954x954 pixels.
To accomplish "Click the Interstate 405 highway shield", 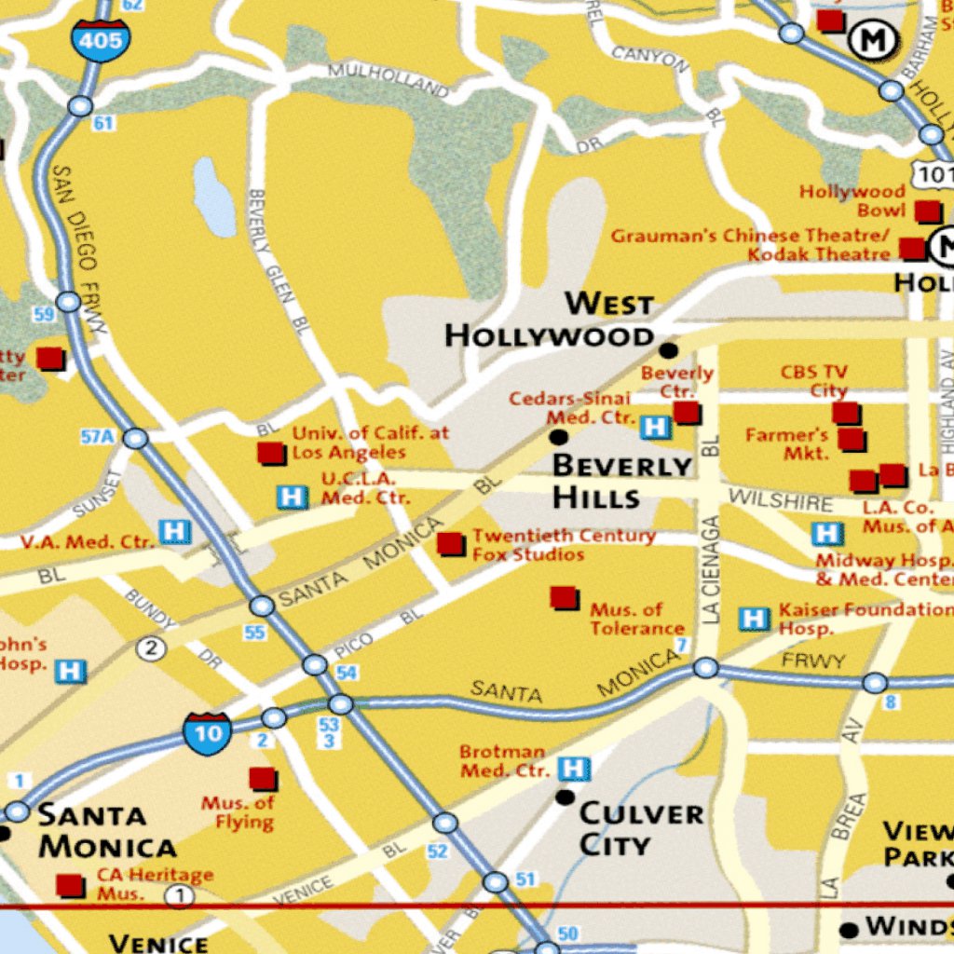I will (101, 39).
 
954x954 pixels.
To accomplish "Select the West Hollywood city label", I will (550, 320).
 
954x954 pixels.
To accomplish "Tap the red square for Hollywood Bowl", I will (926, 211).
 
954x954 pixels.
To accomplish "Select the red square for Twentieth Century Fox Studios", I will (451, 544).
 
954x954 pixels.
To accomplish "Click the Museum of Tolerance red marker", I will (564, 597).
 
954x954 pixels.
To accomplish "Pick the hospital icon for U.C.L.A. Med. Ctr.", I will (293, 497).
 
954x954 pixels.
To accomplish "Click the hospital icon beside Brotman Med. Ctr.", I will (574, 769).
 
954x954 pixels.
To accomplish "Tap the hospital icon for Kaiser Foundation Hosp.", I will (754, 619).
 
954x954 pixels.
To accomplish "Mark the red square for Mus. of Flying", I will (263, 779).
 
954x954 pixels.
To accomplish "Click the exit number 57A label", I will (97, 436).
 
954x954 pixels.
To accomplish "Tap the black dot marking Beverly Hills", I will (559, 437).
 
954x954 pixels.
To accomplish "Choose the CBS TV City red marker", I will (845, 413).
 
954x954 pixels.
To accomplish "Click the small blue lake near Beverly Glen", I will (214, 197).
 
